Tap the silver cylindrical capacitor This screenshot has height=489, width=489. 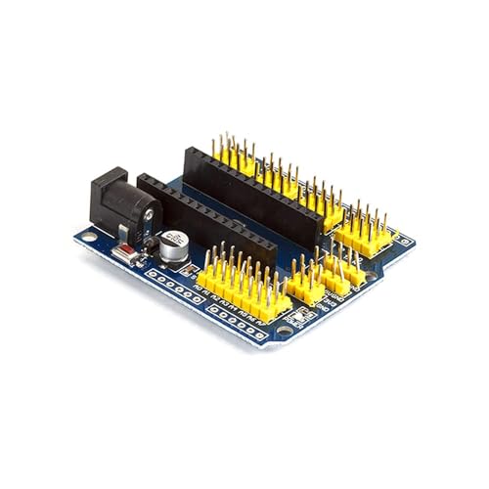[x=175, y=245]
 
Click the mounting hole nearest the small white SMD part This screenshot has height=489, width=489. [x=284, y=331]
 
